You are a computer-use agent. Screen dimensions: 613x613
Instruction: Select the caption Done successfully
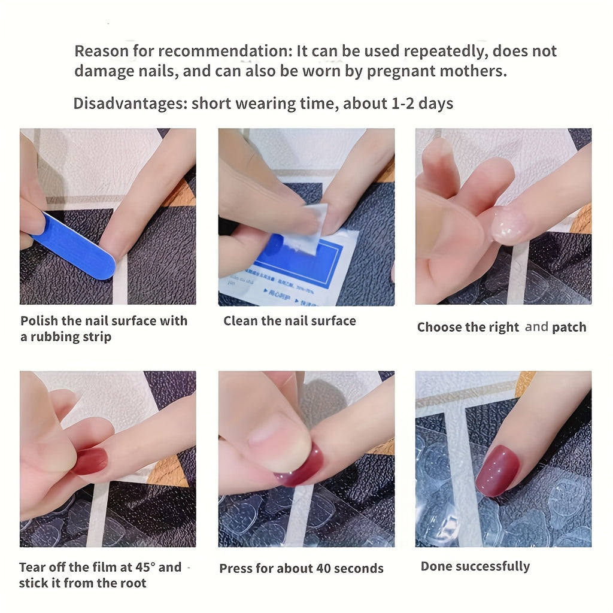(475, 566)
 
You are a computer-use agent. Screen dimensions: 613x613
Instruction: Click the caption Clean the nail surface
(290, 321)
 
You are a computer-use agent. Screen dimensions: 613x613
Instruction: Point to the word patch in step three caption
(569, 327)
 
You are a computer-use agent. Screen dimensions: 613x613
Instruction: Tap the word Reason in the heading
(99, 51)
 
